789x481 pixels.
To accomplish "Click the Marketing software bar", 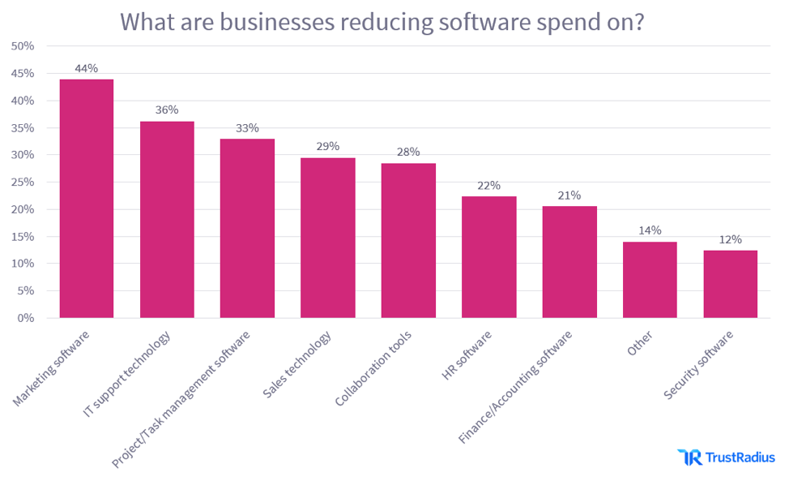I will pyautogui.click(x=87, y=199).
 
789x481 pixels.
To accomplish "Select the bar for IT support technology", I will pyautogui.click(x=167, y=220).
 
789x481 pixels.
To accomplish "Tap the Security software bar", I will pyautogui.click(x=730, y=284).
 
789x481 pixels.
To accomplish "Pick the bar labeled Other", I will pyautogui.click(x=650, y=280).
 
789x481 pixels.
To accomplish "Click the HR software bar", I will pyautogui.click(x=488, y=257).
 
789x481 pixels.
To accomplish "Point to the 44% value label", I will pyautogui.click(x=87, y=69).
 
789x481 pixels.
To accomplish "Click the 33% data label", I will pyautogui.click(x=247, y=128).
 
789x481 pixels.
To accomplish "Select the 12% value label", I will pyautogui.click(x=730, y=240).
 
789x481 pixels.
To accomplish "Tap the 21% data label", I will pyautogui.click(x=569, y=195).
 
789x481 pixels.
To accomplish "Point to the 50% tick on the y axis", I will pyautogui.click(x=23, y=46).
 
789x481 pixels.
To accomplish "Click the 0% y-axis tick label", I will pyautogui.click(x=26, y=318).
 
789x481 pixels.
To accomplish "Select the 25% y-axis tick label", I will pyautogui.click(x=23, y=183).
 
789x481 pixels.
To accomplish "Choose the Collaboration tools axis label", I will pyautogui.click(x=373, y=369).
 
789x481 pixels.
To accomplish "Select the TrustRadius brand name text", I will pyautogui.click(x=740, y=458).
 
